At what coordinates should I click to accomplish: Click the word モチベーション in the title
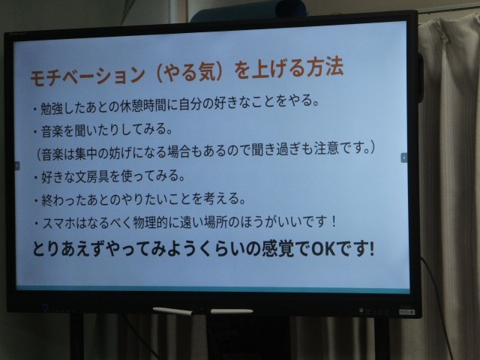coord(88,76)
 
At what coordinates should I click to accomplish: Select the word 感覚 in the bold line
coord(277,248)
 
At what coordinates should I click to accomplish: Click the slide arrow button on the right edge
coord(404,157)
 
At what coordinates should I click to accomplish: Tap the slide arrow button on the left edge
coord(17,166)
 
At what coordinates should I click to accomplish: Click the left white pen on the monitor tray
coord(173,311)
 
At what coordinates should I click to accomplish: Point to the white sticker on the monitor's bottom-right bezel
coord(406,312)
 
